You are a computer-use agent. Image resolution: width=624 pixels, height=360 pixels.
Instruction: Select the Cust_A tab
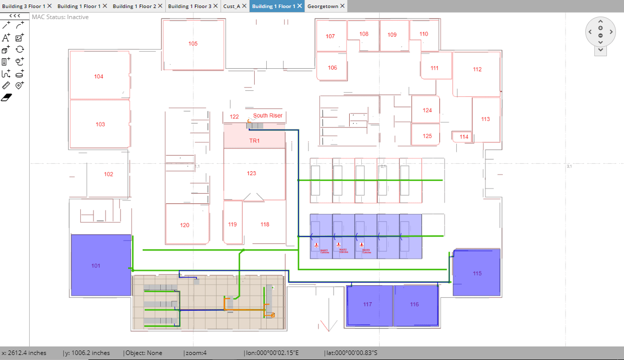click(232, 6)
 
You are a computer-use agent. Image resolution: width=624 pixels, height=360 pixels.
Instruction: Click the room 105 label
click(193, 44)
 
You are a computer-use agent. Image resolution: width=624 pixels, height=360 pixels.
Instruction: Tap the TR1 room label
click(255, 141)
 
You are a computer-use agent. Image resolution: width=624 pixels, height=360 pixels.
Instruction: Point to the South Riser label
click(267, 115)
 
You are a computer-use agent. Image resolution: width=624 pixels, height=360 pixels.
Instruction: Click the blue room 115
click(477, 273)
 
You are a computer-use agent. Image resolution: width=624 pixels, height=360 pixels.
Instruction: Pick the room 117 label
click(367, 304)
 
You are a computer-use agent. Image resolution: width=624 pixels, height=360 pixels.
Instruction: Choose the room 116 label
click(414, 304)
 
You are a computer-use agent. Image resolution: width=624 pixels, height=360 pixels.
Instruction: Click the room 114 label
click(464, 137)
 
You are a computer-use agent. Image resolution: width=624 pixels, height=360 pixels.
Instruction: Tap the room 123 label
click(251, 173)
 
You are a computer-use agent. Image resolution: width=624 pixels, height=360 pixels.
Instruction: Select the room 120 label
click(185, 225)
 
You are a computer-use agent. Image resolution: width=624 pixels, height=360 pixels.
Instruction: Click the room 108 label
click(364, 34)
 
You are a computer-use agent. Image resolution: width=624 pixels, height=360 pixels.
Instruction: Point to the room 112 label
click(477, 69)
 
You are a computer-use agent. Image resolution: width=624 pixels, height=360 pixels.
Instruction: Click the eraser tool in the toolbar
click(6, 97)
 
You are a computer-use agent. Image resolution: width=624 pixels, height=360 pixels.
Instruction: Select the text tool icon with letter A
click(6, 38)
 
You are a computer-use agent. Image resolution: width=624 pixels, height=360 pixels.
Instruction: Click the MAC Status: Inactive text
click(60, 17)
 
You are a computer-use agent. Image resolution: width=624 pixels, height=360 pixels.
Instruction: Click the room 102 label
click(109, 174)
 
